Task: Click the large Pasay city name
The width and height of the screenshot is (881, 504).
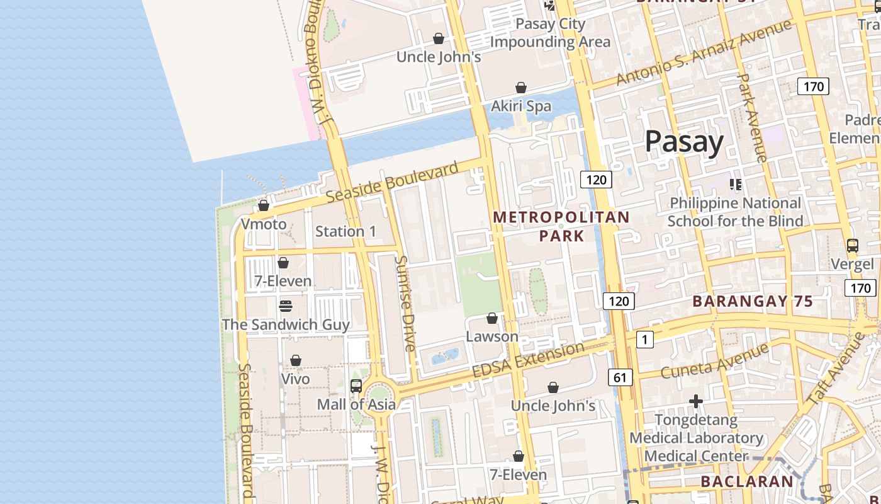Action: (684, 142)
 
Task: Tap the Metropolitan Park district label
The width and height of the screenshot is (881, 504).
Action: (561, 226)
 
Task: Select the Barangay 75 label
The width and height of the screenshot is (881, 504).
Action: (753, 301)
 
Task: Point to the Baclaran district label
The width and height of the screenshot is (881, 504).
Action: (747, 482)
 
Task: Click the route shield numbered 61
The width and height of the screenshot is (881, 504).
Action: (620, 377)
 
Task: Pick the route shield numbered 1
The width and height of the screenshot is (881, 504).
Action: (644, 340)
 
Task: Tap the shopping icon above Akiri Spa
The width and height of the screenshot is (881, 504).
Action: (521, 88)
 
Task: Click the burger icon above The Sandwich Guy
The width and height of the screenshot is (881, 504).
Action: (286, 306)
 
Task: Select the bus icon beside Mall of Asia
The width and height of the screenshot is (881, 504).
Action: (356, 386)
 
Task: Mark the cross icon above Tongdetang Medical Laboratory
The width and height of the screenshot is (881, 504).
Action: (695, 401)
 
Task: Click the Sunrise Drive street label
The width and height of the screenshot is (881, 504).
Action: (405, 303)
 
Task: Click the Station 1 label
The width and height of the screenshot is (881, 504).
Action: (345, 231)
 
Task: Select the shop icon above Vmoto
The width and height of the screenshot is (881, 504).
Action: (264, 206)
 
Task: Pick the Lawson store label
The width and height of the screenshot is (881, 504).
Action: (492, 336)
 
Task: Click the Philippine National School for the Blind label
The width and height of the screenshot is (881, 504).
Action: (735, 212)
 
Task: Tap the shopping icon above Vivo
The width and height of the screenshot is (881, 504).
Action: (295, 361)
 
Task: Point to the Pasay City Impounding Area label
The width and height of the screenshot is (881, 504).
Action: (550, 33)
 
